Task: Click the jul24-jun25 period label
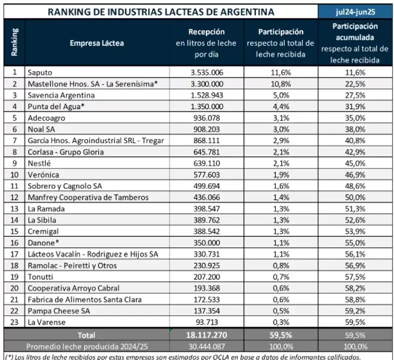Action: coord(355,11)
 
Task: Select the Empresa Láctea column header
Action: coord(97,43)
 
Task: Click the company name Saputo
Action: coord(40,72)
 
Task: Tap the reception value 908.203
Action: coord(207,129)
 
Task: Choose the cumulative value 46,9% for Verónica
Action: coord(355,174)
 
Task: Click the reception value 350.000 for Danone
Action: coord(207,242)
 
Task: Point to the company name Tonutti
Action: coord(41,276)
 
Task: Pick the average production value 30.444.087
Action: coord(207,346)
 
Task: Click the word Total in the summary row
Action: coord(86,335)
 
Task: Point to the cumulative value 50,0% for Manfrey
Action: coord(355,197)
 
